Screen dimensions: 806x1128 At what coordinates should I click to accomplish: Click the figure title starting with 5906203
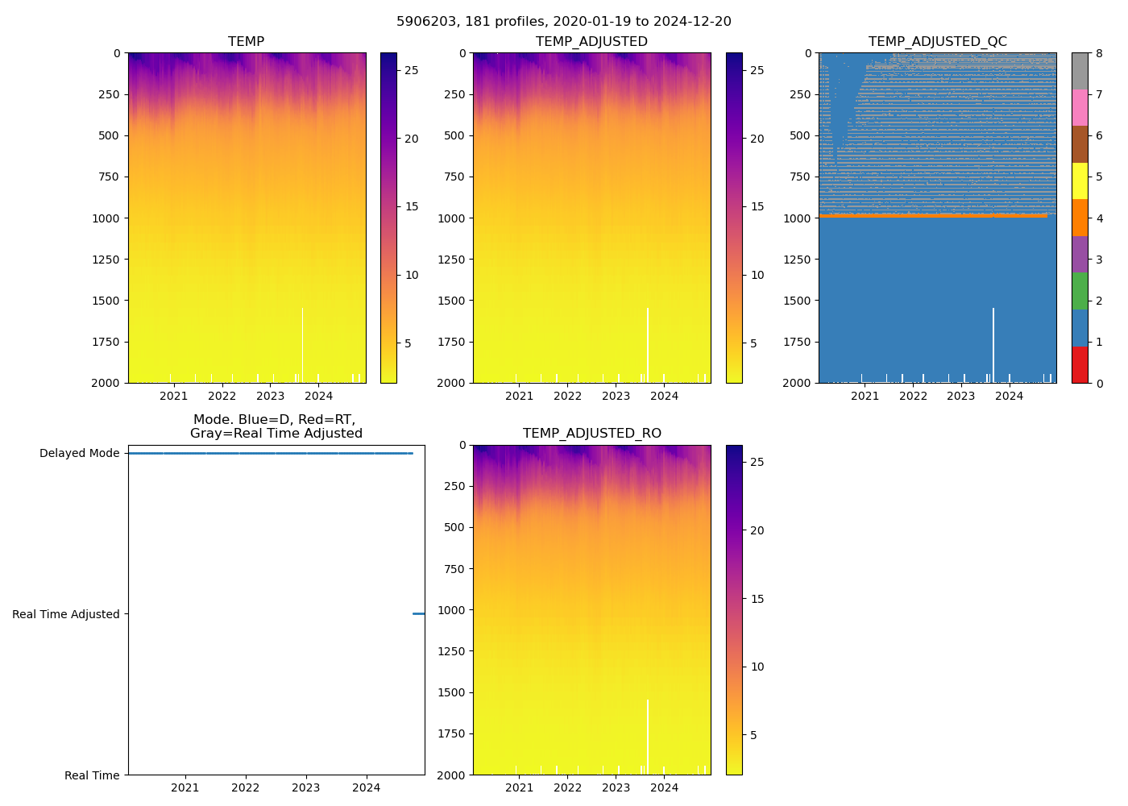pos(564,22)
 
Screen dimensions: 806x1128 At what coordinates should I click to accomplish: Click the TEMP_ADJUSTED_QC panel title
pos(937,42)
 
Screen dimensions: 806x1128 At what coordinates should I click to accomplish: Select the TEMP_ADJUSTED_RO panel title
pos(591,434)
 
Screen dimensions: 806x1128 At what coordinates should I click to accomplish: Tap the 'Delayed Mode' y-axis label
pos(79,453)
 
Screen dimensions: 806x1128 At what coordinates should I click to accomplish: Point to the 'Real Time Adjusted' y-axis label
pos(65,614)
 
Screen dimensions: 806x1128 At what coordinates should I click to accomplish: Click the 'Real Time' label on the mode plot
pos(92,775)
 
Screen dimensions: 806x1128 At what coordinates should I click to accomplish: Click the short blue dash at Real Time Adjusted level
pos(418,614)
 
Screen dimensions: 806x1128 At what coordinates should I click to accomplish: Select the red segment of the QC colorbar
pos(1080,364)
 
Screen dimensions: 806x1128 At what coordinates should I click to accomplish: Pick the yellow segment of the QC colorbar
pos(1080,181)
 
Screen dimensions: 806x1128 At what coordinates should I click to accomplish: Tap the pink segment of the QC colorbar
pos(1080,108)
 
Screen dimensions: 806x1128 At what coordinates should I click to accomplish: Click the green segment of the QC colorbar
pos(1080,291)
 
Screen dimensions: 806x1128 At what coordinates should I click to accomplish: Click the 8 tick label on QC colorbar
pos(1099,53)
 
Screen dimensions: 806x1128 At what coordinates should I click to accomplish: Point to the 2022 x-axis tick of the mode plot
pos(246,787)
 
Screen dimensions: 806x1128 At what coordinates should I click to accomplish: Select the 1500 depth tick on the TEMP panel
pos(106,301)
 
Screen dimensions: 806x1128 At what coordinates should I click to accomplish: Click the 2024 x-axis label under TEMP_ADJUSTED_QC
pos(1009,396)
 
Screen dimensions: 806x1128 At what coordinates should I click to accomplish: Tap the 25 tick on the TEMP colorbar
pos(411,71)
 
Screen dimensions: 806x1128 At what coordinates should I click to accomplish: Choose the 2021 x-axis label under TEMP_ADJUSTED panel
pos(519,396)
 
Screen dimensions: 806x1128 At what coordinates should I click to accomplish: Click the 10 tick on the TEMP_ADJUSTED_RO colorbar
pos(757,667)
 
